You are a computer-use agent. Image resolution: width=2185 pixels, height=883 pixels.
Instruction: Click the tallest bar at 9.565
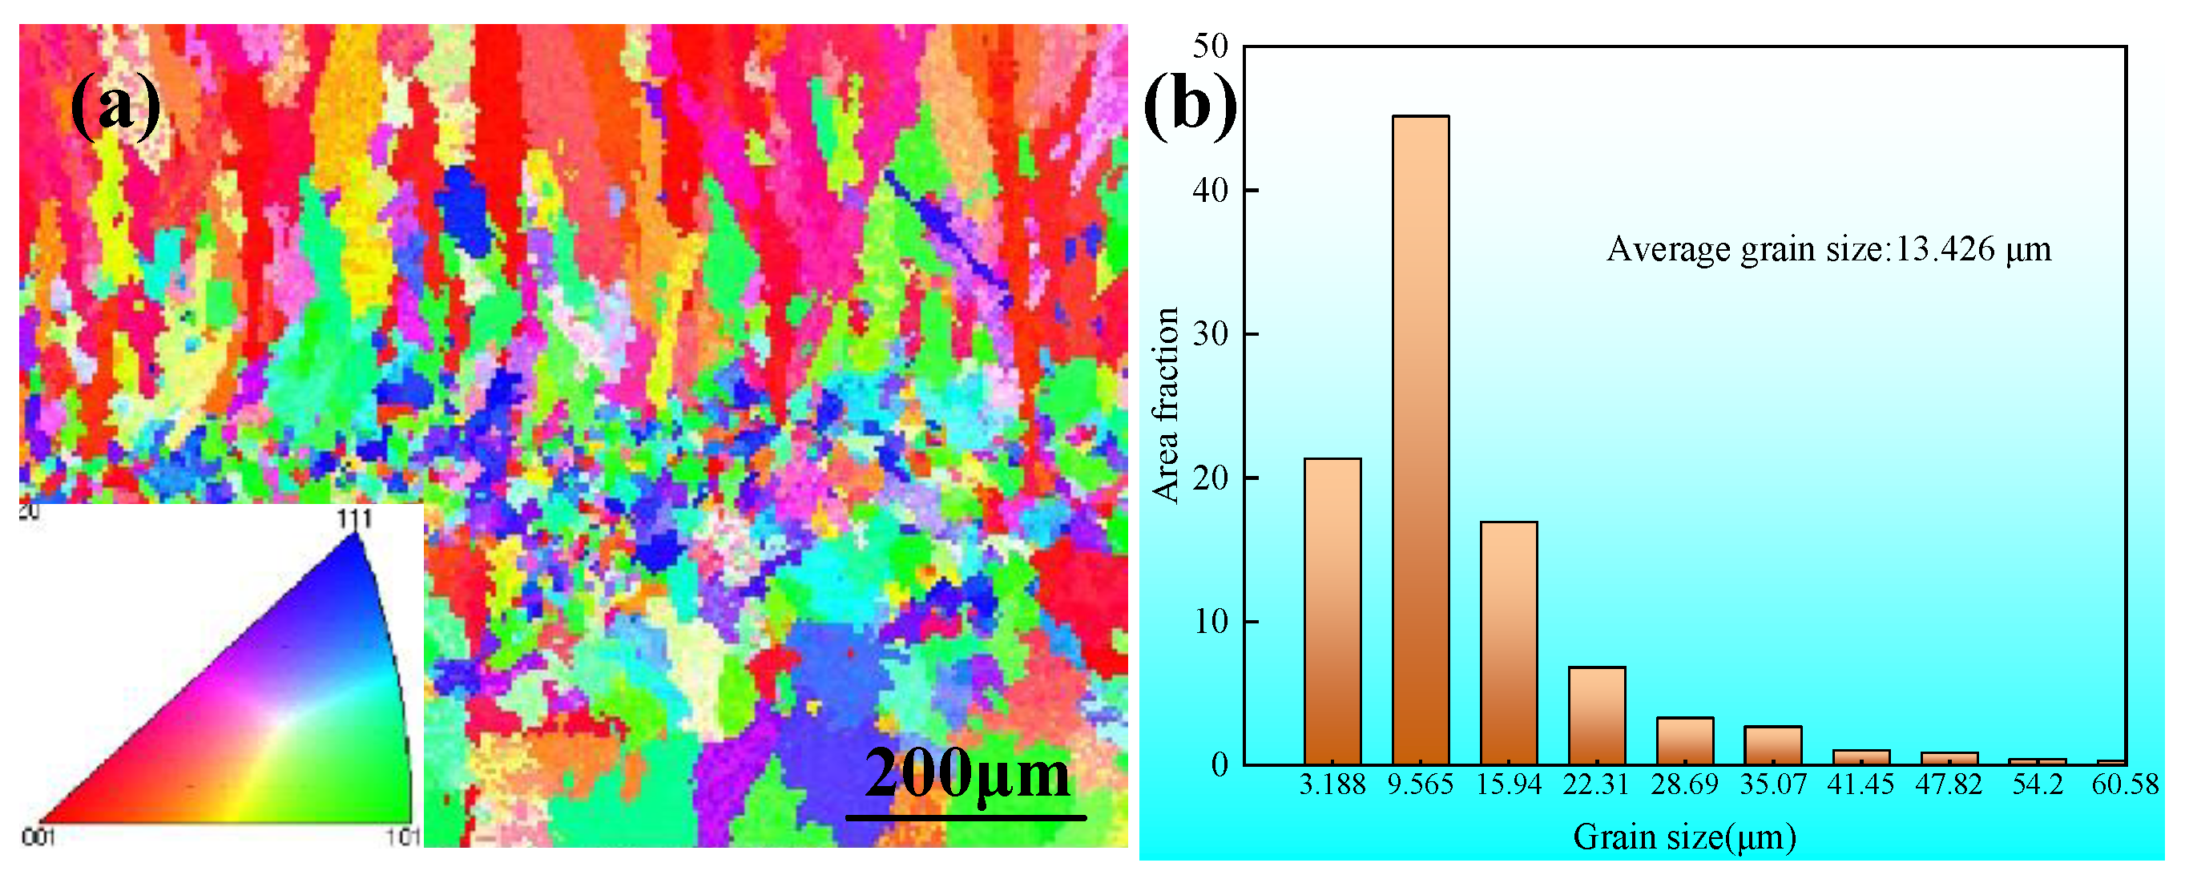pos(1421,441)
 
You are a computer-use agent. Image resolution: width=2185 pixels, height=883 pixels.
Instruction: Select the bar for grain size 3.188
pos(1332,611)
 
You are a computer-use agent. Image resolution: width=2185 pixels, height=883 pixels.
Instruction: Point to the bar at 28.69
pos(1684,741)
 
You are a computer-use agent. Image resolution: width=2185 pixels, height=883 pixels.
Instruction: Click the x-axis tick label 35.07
pos(1773,784)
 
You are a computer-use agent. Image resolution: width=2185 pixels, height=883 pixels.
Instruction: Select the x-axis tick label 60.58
pos(2125,784)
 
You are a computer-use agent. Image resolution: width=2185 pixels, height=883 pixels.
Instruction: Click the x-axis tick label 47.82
pos(1949,784)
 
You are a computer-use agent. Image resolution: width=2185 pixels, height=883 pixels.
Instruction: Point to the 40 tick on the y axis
pos(1211,190)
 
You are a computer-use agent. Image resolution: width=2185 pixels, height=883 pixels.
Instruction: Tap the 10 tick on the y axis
pos(1211,622)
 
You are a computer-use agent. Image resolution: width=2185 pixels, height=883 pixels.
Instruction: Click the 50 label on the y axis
pos(1211,46)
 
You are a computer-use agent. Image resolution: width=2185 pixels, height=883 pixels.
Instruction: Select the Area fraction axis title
pos(1166,405)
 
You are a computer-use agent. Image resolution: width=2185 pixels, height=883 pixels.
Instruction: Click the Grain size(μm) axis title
pos(1684,837)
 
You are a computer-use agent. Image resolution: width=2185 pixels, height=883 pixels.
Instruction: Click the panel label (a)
pos(115,106)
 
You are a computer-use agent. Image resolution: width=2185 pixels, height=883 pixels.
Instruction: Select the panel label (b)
pos(1189,106)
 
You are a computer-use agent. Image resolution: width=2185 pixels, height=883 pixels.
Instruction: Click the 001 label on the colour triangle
pos(38,838)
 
